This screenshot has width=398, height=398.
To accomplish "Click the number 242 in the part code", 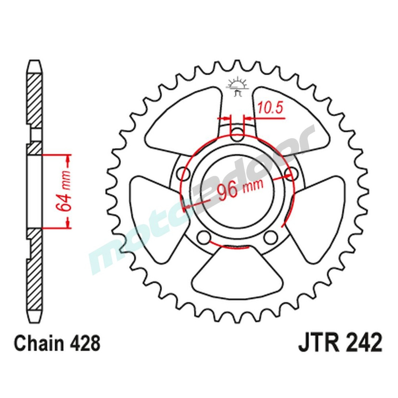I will point(363,343).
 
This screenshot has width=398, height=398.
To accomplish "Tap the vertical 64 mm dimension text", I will point(64,191).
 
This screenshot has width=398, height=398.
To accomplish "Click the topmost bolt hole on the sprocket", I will point(237,133).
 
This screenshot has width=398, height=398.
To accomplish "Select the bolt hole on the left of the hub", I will point(184,172).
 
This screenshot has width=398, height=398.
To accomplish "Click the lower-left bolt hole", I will point(204,237).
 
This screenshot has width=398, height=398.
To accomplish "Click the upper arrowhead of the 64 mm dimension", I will point(68,161).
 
